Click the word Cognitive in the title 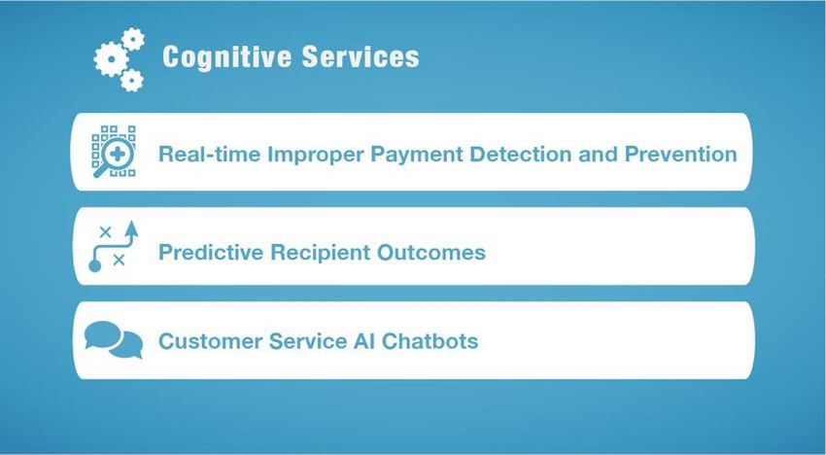(x=226, y=57)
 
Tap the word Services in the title (x=361, y=56)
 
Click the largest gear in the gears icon (x=111, y=59)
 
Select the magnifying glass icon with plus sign (x=114, y=153)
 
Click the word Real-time (x=210, y=154)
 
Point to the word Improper (x=315, y=155)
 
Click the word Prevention (x=680, y=154)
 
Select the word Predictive (x=211, y=252)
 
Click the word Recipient (x=321, y=253)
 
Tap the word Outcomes (x=430, y=252)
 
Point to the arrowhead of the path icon (x=132, y=228)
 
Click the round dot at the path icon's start (x=95, y=265)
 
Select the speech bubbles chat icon (x=114, y=339)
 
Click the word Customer (x=210, y=341)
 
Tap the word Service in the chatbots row (x=307, y=341)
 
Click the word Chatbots (x=430, y=341)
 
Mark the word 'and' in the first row (x=598, y=154)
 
